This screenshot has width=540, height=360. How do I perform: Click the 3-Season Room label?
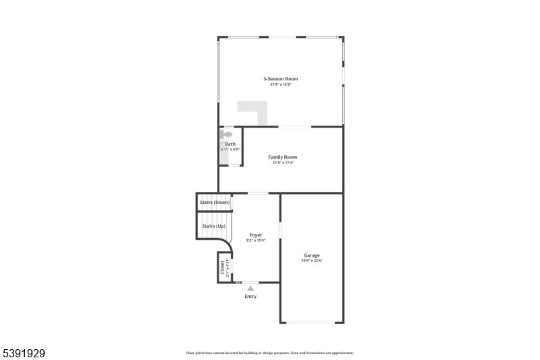[280, 79]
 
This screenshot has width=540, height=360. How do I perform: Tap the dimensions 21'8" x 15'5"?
[280, 84]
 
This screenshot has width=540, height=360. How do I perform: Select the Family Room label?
[282, 157]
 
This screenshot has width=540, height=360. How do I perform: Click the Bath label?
[230, 144]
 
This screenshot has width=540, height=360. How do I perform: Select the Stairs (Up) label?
[214, 226]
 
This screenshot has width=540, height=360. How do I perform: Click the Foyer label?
[256, 235]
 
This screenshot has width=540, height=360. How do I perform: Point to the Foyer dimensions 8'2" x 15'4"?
[256, 240]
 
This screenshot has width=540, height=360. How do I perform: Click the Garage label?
[311, 255]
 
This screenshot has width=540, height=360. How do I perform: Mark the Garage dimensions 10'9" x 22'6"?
[312, 261]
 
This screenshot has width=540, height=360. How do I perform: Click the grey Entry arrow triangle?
[250, 288]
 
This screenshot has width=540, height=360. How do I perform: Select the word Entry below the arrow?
[250, 297]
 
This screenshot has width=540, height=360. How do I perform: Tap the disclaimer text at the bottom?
[270, 353]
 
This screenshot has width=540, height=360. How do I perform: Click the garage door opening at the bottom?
[311, 322]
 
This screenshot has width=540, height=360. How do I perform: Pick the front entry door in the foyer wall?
[250, 282]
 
